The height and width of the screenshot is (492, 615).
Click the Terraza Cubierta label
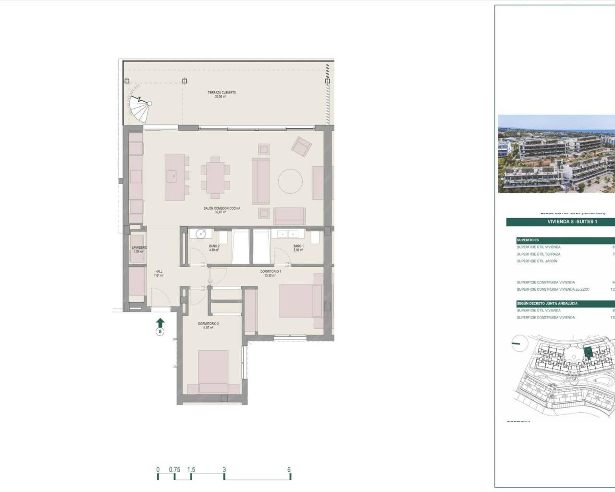(x=221, y=94)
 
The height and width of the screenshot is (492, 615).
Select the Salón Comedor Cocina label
(x=221, y=210)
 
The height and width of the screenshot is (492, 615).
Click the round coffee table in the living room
(x=291, y=182)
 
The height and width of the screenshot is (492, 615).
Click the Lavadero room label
(x=139, y=249)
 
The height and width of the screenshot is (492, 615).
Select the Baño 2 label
(x=214, y=248)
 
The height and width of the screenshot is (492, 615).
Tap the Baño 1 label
(x=298, y=248)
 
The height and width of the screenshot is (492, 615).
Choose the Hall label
(x=159, y=273)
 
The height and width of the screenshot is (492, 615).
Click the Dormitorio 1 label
(x=271, y=273)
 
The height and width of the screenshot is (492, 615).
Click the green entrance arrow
(x=160, y=321)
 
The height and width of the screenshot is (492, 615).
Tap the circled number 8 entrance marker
(x=160, y=332)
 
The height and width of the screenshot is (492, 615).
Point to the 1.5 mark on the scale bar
(x=191, y=470)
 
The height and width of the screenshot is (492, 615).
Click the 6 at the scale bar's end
(x=289, y=470)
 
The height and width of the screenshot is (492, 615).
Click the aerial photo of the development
(x=556, y=154)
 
